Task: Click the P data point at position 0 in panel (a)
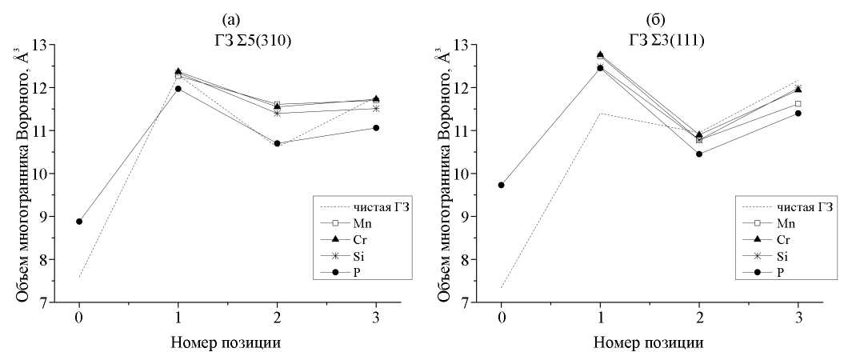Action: (79, 222)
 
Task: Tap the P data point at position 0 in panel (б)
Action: (502, 185)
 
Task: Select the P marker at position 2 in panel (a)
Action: (277, 143)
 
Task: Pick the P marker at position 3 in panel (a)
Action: (376, 128)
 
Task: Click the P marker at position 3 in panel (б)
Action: (798, 113)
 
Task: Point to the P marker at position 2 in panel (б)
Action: (699, 154)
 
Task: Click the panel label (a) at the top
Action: (226, 16)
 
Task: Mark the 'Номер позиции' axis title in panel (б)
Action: (649, 343)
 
